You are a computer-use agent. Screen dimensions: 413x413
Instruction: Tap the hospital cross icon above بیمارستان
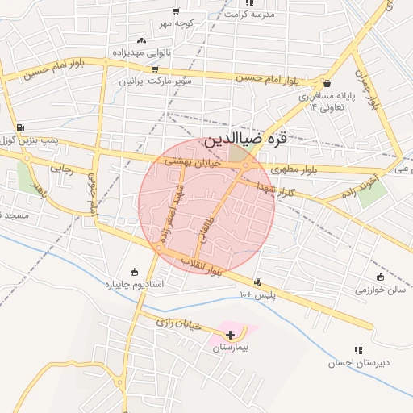point(231,334)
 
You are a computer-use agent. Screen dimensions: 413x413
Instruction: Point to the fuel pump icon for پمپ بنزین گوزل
point(19,127)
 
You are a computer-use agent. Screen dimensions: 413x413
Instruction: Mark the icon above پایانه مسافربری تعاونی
point(327,83)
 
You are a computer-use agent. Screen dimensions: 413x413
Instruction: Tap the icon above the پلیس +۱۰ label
point(257,282)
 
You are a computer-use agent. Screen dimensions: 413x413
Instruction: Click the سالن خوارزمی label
point(380,290)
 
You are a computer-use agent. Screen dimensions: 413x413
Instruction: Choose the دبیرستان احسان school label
point(358,362)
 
